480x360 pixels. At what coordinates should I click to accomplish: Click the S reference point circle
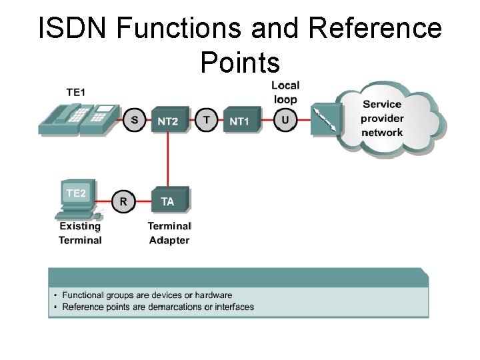pyautogui.click(x=135, y=121)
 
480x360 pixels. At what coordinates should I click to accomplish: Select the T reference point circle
pyautogui.click(x=207, y=121)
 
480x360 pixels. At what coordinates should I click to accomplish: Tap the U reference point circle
pyautogui.click(x=285, y=121)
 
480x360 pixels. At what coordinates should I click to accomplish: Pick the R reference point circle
pyautogui.click(x=123, y=201)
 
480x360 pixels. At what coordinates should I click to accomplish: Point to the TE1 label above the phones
pyautogui.click(x=75, y=92)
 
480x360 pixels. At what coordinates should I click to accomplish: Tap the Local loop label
pyautogui.click(x=285, y=92)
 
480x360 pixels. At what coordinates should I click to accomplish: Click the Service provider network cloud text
pyautogui.click(x=382, y=119)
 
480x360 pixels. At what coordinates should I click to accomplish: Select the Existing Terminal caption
pyautogui.click(x=80, y=233)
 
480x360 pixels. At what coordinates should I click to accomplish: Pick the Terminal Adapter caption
pyautogui.click(x=169, y=233)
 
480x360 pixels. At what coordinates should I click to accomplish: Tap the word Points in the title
pyautogui.click(x=239, y=63)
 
